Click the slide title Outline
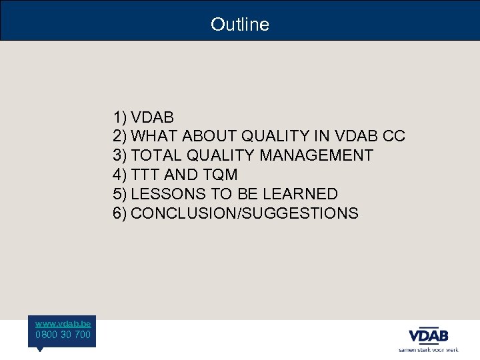(x=240, y=25)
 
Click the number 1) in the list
(x=120, y=117)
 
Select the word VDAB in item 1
(x=153, y=117)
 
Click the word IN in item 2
(x=323, y=137)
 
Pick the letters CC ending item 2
(x=394, y=137)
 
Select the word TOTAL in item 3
(x=156, y=156)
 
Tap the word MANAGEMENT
(x=317, y=156)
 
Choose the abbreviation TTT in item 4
(x=145, y=175)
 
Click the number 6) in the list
(x=120, y=213)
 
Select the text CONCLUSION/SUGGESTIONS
(x=245, y=213)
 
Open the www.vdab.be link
(x=63, y=323)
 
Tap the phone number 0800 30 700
(x=63, y=334)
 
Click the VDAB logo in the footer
(x=428, y=335)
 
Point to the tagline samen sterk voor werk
(x=428, y=349)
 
